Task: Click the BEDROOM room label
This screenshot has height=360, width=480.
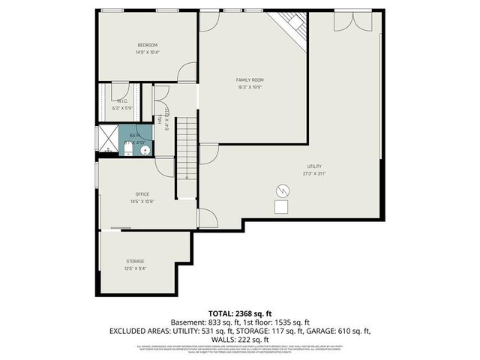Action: tap(148, 44)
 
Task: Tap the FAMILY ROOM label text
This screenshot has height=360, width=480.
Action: tap(250, 79)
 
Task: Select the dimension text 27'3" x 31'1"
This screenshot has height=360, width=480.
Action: tap(315, 173)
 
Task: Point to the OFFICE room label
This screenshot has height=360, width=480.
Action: tap(142, 194)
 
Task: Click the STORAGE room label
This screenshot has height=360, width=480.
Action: tap(135, 261)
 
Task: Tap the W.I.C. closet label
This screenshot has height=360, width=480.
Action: tap(122, 100)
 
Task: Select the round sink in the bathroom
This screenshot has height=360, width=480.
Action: tap(145, 149)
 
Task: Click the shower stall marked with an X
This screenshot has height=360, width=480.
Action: tap(109, 139)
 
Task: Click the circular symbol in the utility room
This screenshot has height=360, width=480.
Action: tap(283, 189)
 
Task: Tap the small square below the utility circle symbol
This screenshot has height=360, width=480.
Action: tap(282, 207)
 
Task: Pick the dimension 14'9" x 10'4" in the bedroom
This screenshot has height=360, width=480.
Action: tap(148, 52)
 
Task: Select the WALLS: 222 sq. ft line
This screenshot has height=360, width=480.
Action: tap(239, 338)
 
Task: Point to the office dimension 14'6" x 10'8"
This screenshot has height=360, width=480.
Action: tap(142, 202)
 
